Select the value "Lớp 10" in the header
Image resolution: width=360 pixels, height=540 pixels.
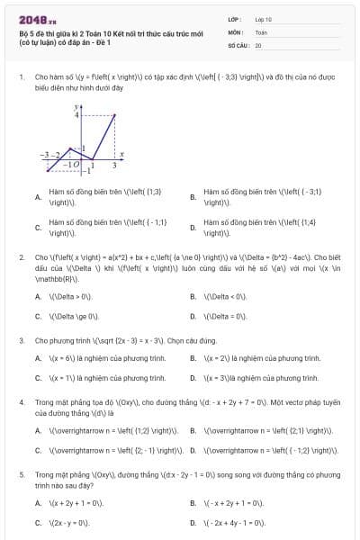(263, 18)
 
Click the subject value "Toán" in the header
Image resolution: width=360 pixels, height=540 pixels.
(261, 31)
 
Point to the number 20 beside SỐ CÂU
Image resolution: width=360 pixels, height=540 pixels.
(258, 44)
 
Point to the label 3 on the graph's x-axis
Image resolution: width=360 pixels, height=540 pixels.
(114, 166)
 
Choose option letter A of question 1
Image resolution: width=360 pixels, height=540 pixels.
(37, 197)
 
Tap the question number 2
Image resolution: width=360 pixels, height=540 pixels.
(21, 256)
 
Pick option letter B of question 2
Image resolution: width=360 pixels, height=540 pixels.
(193, 295)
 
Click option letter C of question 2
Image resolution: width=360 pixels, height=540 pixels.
(37, 316)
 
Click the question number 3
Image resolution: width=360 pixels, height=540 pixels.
(21, 341)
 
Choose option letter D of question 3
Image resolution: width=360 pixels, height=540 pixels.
(193, 379)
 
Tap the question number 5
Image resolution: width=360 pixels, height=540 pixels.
(21, 472)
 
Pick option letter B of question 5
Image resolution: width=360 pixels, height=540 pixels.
(193, 501)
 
